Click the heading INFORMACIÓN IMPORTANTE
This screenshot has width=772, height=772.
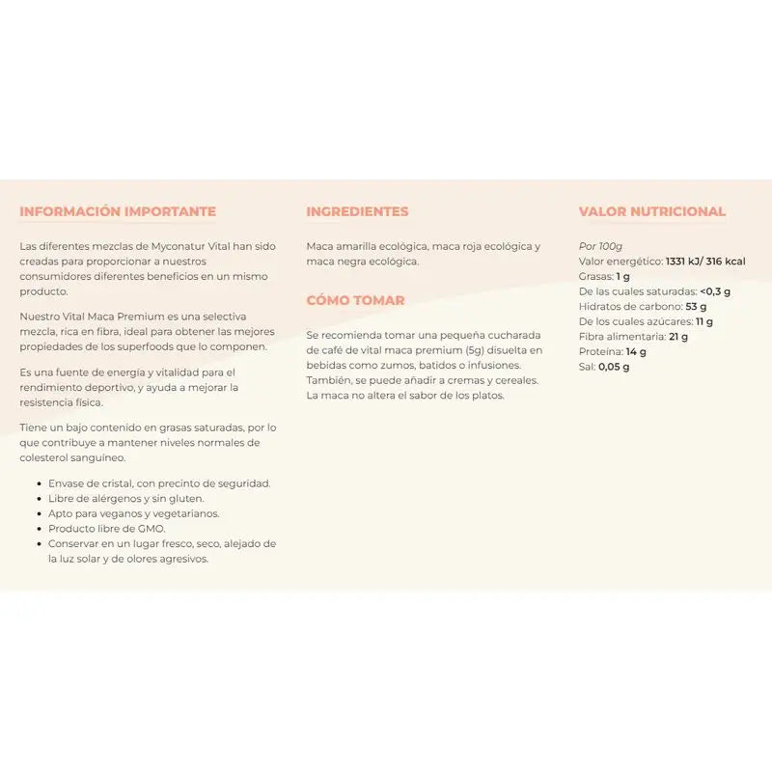(118, 211)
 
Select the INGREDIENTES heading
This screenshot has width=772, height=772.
(357, 211)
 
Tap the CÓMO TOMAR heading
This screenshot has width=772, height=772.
(355, 300)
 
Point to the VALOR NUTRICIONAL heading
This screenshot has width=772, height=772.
(652, 211)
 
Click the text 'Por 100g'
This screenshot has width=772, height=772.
(600, 246)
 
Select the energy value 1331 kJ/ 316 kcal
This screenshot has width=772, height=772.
(705, 262)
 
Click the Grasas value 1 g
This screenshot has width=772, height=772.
(623, 276)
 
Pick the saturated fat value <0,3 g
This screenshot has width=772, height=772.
(715, 291)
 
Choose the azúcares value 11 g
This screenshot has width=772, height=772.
(703, 321)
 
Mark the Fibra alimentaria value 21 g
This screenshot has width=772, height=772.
(678, 336)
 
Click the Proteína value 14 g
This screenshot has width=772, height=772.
(636, 351)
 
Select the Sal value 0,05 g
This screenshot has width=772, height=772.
(614, 367)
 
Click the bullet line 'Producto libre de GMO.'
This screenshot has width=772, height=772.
(106, 529)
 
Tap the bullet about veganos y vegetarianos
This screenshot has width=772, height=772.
(133, 513)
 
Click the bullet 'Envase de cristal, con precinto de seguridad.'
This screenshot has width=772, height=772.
(159, 483)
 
